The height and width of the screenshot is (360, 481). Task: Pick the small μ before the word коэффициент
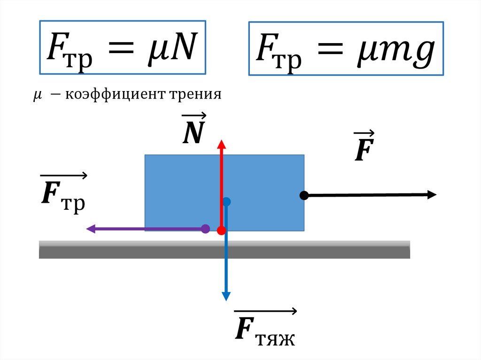click(x=37, y=96)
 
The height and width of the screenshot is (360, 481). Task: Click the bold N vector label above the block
click(x=193, y=134)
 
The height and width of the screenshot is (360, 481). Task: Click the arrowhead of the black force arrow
click(x=432, y=195)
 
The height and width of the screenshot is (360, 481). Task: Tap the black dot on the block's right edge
click(x=304, y=195)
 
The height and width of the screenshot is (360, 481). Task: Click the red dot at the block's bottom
click(x=222, y=230)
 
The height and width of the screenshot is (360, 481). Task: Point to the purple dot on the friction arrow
click(x=205, y=229)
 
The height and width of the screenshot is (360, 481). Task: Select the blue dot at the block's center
click(x=226, y=202)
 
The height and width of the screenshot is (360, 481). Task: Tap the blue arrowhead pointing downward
click(x=226, y=296)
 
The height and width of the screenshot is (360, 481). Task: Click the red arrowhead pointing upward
click(x=221, y=144)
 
